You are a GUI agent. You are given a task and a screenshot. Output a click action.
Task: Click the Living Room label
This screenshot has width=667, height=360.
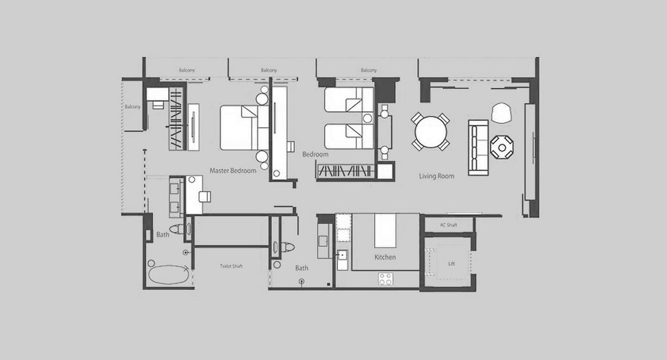(436, 176)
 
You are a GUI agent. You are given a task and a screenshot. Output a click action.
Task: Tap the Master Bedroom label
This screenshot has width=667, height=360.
(232, 170)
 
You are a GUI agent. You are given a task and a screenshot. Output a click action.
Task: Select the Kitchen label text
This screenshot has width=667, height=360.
(385, 257)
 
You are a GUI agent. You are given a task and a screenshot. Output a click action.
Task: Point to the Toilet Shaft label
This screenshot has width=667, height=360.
(231, 266)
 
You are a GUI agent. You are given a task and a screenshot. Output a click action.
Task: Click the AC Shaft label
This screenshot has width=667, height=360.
(448, 225)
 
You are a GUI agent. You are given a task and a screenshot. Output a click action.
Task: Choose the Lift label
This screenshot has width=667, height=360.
(451, 263)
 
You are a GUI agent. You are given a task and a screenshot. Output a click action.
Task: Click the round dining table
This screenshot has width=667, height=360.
(431, 132)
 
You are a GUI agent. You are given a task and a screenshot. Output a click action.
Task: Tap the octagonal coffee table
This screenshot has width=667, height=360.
(502, 147)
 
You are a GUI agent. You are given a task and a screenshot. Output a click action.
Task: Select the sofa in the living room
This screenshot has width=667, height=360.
(478, 147)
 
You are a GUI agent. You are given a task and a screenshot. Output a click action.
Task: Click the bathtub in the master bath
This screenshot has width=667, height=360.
(168, 274)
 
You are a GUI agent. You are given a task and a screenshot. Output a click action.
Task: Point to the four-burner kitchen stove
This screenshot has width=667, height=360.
(386, 279)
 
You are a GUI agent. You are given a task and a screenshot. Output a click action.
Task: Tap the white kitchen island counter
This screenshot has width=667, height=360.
(385, 230)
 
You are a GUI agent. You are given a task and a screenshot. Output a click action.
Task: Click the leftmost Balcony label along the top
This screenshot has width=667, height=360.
(187, 70)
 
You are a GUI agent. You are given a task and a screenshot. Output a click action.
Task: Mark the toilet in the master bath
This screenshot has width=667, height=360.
(177, 229)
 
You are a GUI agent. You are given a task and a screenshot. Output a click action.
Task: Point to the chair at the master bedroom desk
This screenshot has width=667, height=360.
(205, 197)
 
